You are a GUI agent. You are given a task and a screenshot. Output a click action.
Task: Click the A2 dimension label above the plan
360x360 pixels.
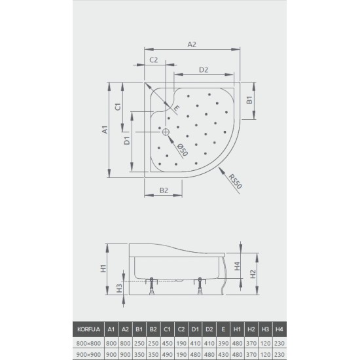point(192,45)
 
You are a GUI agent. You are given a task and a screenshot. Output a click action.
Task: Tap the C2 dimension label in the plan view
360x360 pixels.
point(154,60)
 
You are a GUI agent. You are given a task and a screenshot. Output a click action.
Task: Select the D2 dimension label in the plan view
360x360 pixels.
point(203,69)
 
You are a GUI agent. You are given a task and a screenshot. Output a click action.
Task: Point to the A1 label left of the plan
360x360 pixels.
point(105,130)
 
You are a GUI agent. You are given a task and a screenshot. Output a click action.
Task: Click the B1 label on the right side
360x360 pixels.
point(249,101)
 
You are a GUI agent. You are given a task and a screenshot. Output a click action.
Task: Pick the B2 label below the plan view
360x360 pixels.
point(164,190)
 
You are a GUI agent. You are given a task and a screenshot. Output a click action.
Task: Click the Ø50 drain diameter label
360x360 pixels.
point(183,150)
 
